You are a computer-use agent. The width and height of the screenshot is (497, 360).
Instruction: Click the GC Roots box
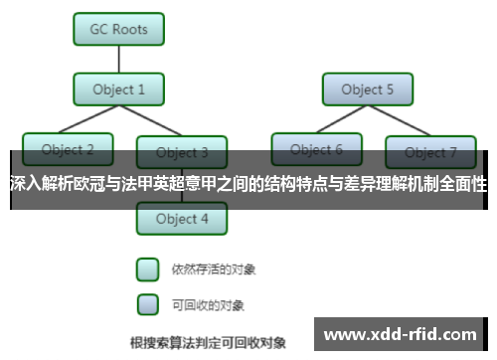[x=119, y=28]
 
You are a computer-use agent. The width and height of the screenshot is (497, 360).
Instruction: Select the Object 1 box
[x=119, y=90]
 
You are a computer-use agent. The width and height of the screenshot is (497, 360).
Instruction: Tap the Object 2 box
[x=69, y=149]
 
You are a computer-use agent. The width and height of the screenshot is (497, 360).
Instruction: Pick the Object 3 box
[x=183, y=152]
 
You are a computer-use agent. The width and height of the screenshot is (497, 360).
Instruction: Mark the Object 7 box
[x=431, y=152]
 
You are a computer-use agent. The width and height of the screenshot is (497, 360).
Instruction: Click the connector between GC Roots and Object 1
[x=119, y=59]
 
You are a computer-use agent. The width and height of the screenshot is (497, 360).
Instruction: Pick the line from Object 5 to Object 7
[x=399, y=120]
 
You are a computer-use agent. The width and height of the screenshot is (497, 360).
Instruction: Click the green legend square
[x=147, y=270]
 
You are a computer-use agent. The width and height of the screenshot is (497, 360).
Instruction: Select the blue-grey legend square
[x=147, y=303]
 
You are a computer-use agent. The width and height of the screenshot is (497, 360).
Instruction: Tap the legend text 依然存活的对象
[x=208, y=270]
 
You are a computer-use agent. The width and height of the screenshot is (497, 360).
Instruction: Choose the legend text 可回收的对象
[x=208, y=304]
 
